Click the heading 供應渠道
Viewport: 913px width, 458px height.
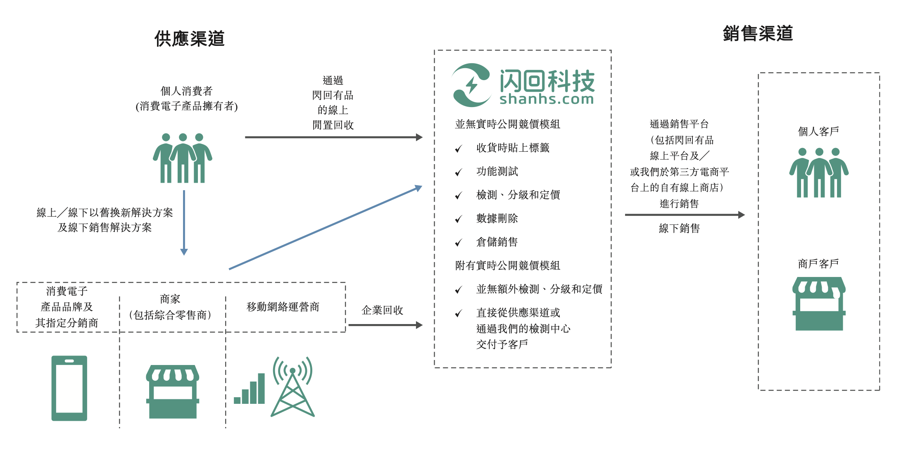pyautogui.click(x=189, y=39)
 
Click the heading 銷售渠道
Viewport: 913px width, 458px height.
pyautogui.click(x=758, y=33)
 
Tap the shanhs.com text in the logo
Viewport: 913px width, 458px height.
pyautogui.click(x=546, y=99)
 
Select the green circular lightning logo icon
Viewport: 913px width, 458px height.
pyautogui.click(x=471, y=85)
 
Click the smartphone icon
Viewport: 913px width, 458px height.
pyautogui.click(x=69, y=388)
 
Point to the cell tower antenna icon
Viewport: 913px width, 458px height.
pyautogui.click(x=292, y=387)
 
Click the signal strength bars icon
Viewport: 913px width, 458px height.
pyautogui.click(x=250, y=390)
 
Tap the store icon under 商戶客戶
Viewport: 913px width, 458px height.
pyautogui.click(x=819, y=303)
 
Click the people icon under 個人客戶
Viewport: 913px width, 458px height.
pyautogui.click(x=818, y=172)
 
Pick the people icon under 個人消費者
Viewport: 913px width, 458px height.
pyautogui.click(x=182, y=158)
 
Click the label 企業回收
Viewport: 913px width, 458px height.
pyautogui.click(x=382, y=310)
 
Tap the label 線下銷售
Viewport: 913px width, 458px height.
pyautogui.click(x=679, y=228)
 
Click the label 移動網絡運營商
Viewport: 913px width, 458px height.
pyautogui.click(x=283, y=307)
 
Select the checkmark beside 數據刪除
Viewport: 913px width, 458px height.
pyautogui.click(x=458, y=219)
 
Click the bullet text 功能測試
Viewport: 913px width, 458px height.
pyautogui.click(x=497, y=171)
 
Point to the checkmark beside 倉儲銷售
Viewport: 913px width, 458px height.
pyautogui.click(x=458, y=243)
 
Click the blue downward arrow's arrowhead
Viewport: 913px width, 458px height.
pyautogui.click(x=184, y=252)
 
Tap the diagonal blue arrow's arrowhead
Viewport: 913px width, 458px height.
pyautogui.click(x=418, y=188)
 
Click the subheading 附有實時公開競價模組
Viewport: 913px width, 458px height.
pyautogui.click(x=507, y=265)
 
